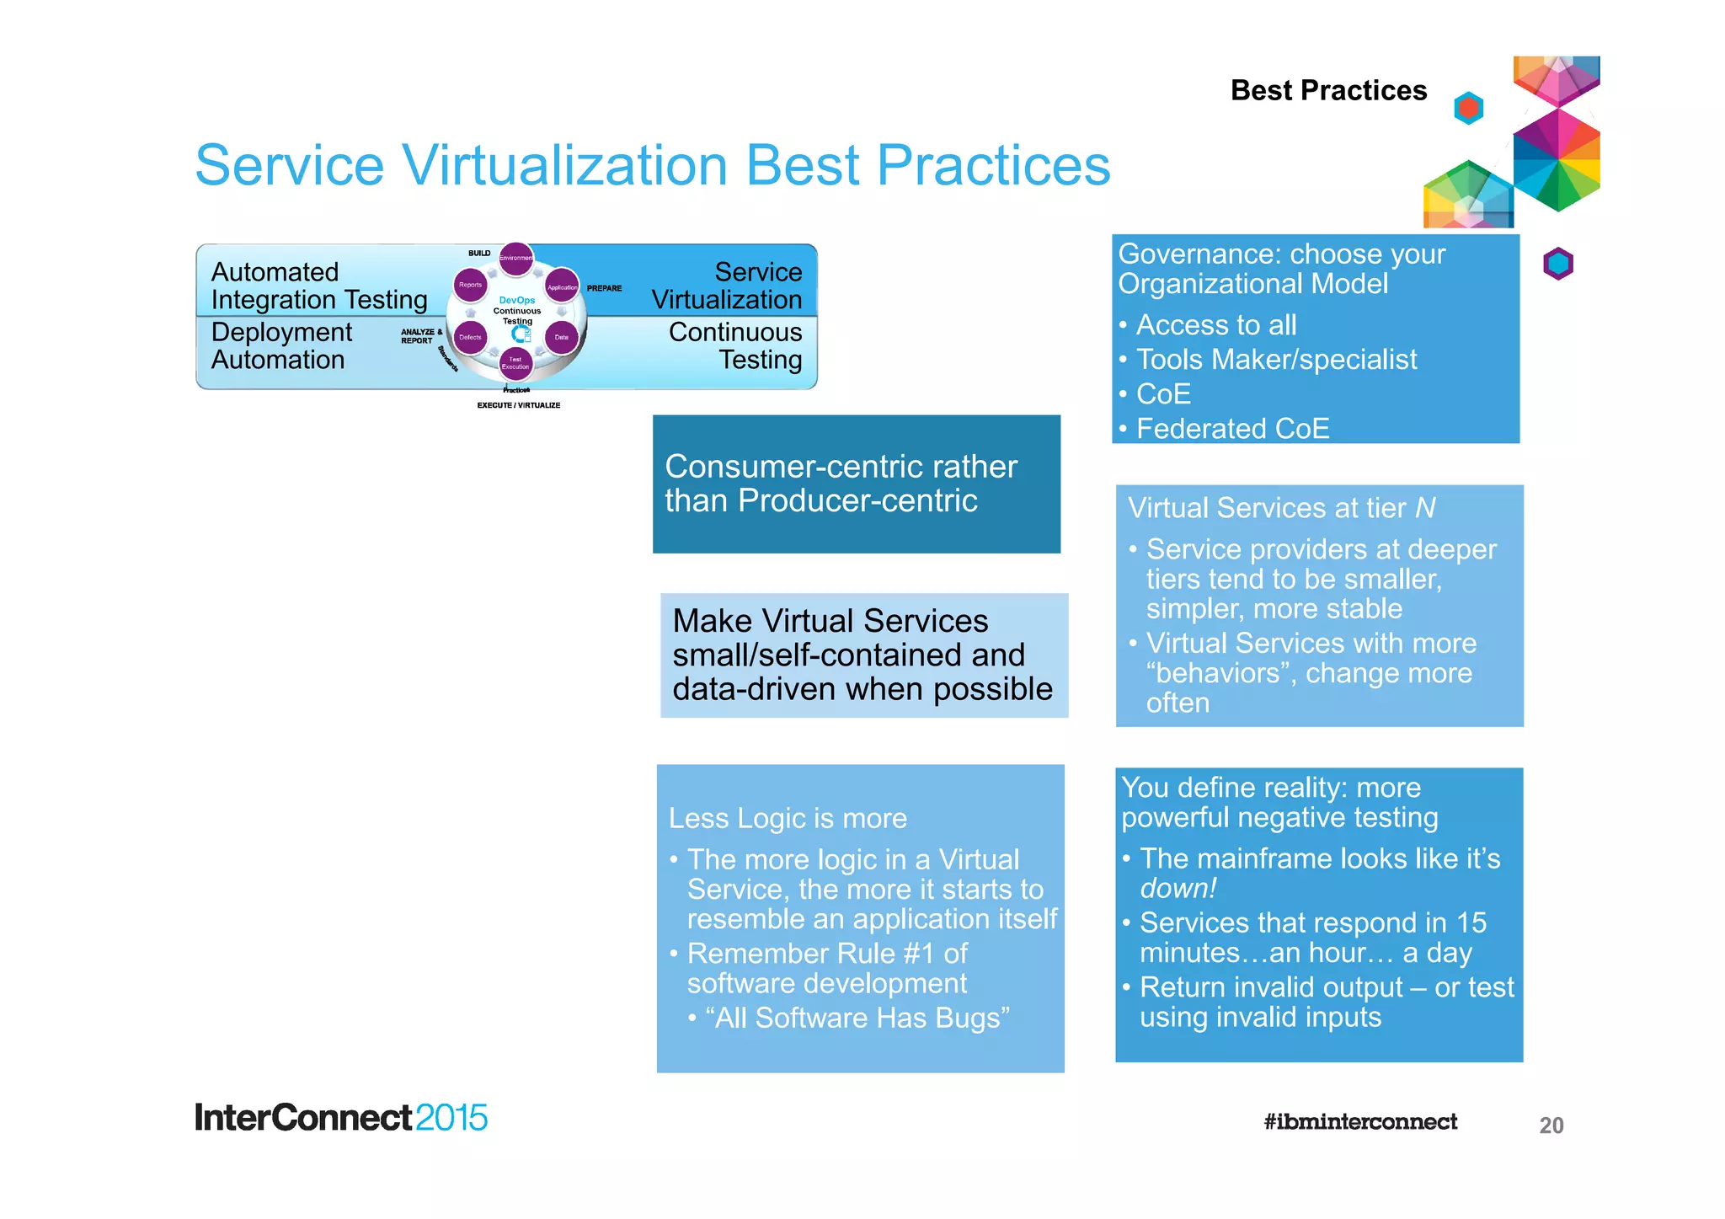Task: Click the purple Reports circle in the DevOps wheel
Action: [x=470, y=285]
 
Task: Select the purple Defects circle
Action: [x=470, y=337]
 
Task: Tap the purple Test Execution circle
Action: [x=515, y=363]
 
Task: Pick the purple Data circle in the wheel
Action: [x=562, y=337]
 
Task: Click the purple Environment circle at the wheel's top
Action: [x=515, y=258]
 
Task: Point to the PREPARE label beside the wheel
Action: [x=604, y=288]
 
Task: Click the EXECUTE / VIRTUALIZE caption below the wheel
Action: [x=518, y=405]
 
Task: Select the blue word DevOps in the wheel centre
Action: [x=516, y=300]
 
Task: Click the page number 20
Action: [x=1551, y=1125]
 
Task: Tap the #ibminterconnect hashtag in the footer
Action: [x=1359, y=1121]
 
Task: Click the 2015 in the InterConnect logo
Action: [x=451, y=1118]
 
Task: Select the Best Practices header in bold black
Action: [x=1328, y=90]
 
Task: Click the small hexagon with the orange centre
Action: [x=1468, y=108]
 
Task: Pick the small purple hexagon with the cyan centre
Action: [x=1557, y=264]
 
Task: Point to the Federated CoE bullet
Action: [x=1232, y=429]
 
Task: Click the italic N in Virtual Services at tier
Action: [x=1424, y=508]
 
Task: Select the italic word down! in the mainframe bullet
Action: [x=1178, y=888]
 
